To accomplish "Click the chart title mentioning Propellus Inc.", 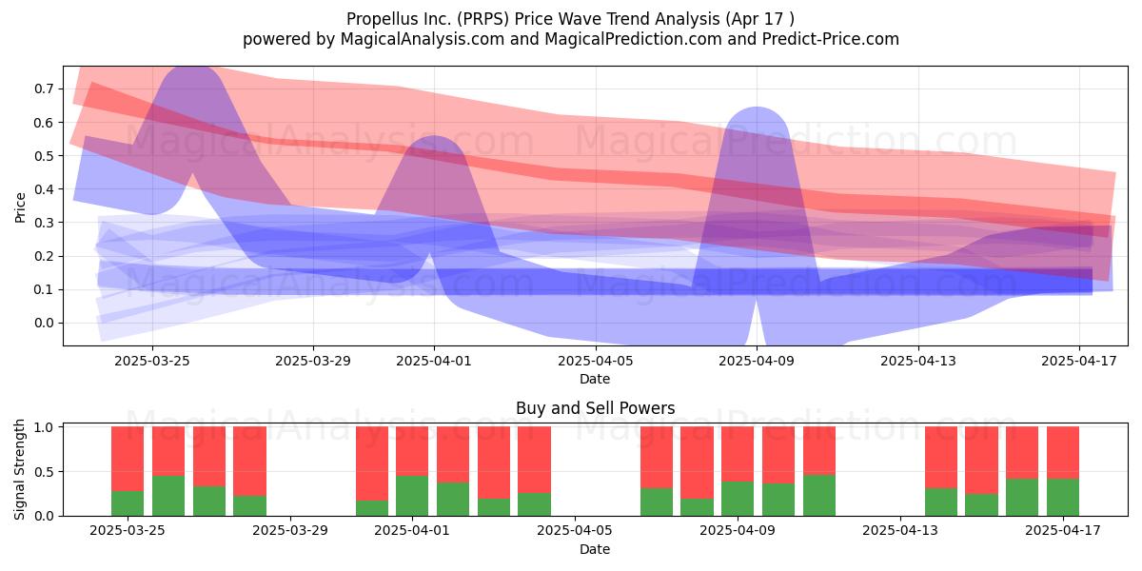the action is coord(570,19).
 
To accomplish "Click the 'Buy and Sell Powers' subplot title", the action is coord(595,408).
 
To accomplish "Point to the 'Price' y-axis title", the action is coord(20,207).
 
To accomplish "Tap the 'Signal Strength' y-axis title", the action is coord(20,469).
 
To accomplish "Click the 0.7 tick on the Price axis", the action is coord(44,89).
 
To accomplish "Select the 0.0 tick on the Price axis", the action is coord(44,323).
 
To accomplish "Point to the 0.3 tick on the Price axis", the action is coord(44,223).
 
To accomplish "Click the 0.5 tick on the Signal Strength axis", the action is coord(44,472).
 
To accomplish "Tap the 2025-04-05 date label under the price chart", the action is coord(596,361).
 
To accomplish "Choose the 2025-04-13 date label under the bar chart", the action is coord(900,530).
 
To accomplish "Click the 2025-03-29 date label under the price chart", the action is coord(313,361).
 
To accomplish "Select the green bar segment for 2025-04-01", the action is coord(412,496).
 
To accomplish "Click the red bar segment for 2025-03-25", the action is coord(128,459).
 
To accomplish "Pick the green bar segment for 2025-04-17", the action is coord(1063,497).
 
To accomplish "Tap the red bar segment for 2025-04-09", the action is coord(738,454).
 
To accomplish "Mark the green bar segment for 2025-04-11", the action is coord(819,495).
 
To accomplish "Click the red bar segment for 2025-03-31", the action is coord(372,463).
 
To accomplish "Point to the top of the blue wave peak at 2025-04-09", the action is coord(758,108).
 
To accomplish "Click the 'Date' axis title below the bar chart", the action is coord(595,549).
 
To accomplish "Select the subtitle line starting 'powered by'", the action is coord(570,39).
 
